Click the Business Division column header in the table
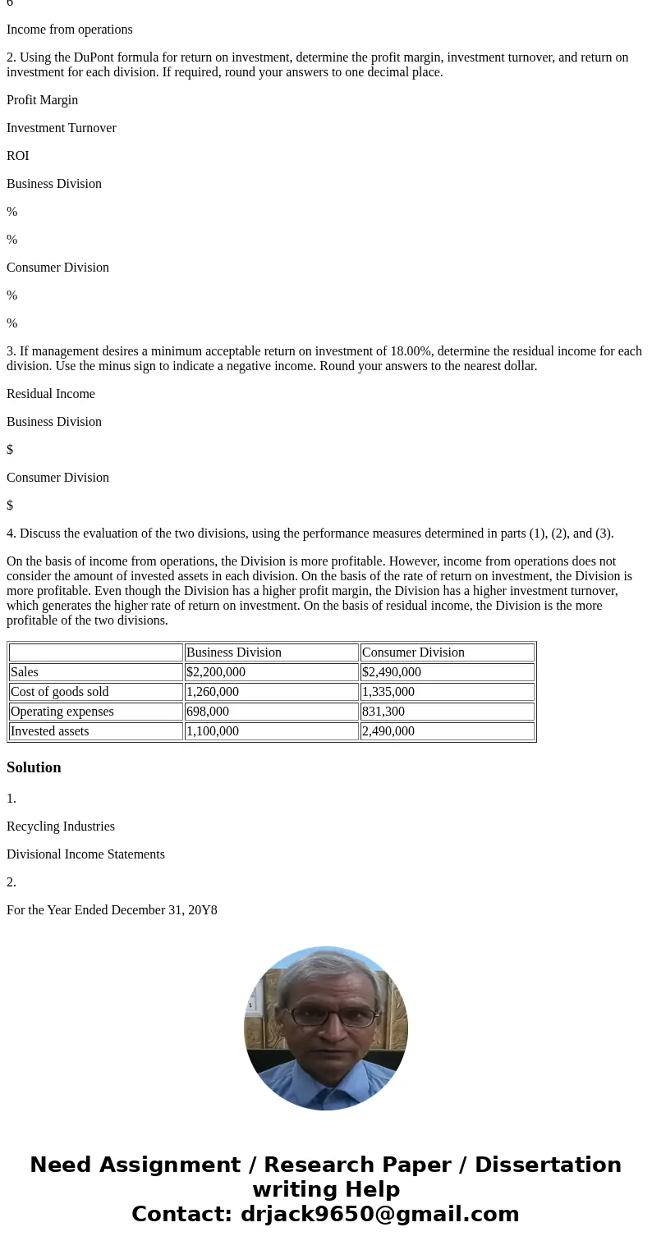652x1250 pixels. click(234, 652)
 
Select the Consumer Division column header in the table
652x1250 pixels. click(413, 652)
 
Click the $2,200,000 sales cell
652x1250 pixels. click(216, 672)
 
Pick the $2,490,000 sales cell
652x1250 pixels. click(392, 672)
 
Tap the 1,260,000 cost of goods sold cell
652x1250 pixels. click(213, 692)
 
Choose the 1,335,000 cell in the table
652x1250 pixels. click(388, 692)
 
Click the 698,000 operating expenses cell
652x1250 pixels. click(208, 712)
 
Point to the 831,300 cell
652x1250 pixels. click(383, 712)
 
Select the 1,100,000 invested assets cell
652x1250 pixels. click(213, 731)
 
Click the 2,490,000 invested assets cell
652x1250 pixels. click(388, 731)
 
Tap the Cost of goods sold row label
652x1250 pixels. click(60, 692)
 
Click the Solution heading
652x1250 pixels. click(34, 767)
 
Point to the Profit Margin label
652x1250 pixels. click(43, 100)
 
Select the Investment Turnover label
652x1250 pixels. click(62, 128)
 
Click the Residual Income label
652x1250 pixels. click(51, 394)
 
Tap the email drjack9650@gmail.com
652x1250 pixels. click(379, 1214)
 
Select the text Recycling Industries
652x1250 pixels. click(61, 826)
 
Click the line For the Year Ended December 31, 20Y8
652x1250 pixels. click(112, 910)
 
